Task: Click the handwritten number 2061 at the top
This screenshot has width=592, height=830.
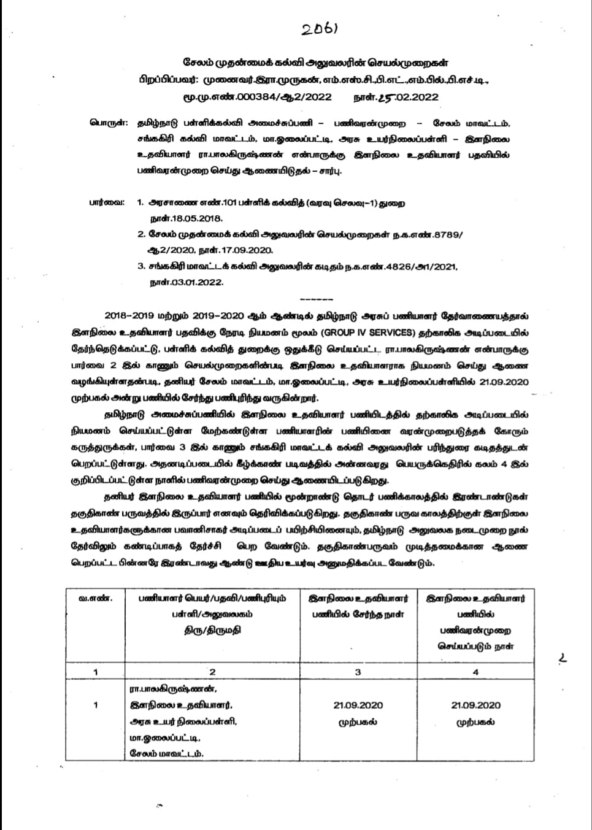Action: click(x=320, y=29)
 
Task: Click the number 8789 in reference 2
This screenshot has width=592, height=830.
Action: click(x=445, y=234)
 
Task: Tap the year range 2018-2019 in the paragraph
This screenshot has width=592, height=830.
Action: click(x=128, y=316)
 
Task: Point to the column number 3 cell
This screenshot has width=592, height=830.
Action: click(x=358, y=672)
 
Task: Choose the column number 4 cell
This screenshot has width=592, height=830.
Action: click(x=475, y=672)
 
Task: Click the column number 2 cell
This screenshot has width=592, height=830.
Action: click(x=212, y=672)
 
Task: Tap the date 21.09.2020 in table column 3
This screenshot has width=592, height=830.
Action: click(x=358, y=705)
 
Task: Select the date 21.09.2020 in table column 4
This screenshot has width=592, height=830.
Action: click(x=475, y=705)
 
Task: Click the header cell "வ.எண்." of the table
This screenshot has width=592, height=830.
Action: click(x=95, y=598)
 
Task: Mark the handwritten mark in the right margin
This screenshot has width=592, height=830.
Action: click(x=563, y=659)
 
